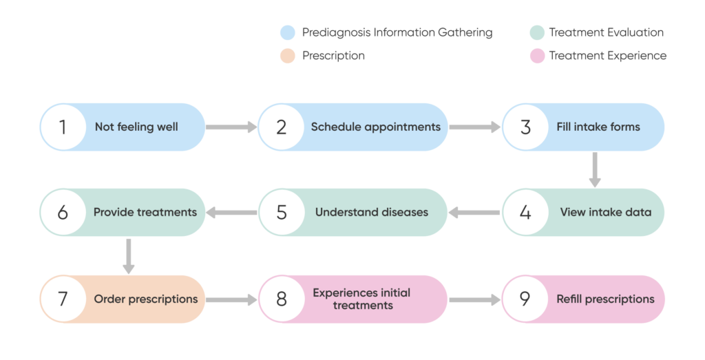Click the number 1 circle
click(63, 127)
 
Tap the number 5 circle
click(282, 212)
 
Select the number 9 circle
click(525, 299)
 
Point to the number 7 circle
click(63, 299)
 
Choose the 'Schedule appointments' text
click(375, 127)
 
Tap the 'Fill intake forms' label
click(598, 127)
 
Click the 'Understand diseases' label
click(371, 212)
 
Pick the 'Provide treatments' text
click(145, 212)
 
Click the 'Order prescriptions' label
click(145, 299)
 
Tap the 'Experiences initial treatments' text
click(361, 299)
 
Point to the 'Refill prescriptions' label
click(605, 299)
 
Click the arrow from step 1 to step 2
click(231, 127)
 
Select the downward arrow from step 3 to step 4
click(595, 169)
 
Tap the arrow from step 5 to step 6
click(231, 213)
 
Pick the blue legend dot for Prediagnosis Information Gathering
click(288, 32)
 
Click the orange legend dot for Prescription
click(288, 56)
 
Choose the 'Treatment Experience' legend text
click(607, 56)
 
